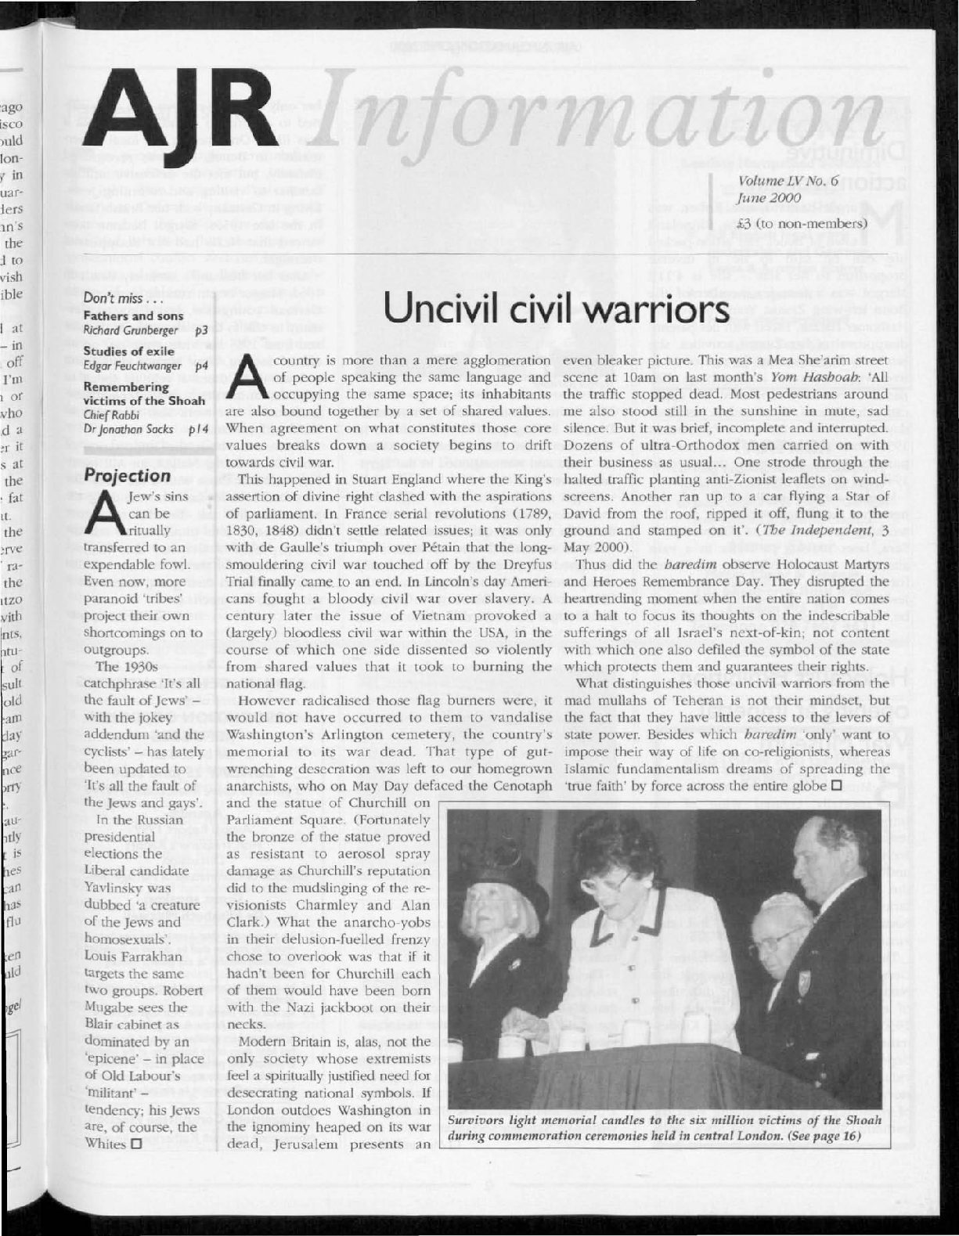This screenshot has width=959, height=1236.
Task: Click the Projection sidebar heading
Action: tap(127, 476)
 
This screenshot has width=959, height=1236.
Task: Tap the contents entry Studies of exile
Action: tap(128, 351)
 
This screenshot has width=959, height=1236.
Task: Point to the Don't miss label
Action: tap(114, 301)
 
